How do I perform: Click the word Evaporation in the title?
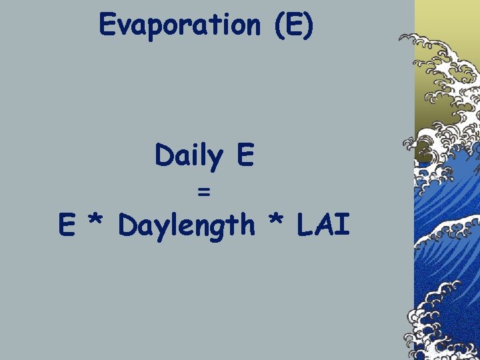179,25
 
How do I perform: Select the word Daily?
187,157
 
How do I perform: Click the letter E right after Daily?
244,156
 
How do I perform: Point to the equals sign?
204,192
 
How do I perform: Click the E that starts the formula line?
66,225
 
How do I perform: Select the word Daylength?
187,226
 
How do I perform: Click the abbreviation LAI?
323,225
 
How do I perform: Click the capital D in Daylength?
127,225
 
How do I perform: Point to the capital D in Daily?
164,156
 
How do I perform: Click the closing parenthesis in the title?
307,25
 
